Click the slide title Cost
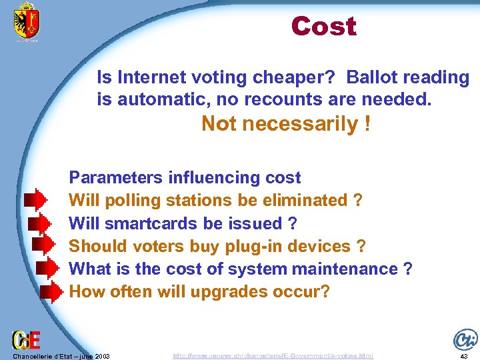tap(323, 27)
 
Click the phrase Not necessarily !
tap(286, 124)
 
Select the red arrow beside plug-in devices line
tap(45, 245)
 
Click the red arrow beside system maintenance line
tap(45, 269)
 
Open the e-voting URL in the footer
tap(273, 356)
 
